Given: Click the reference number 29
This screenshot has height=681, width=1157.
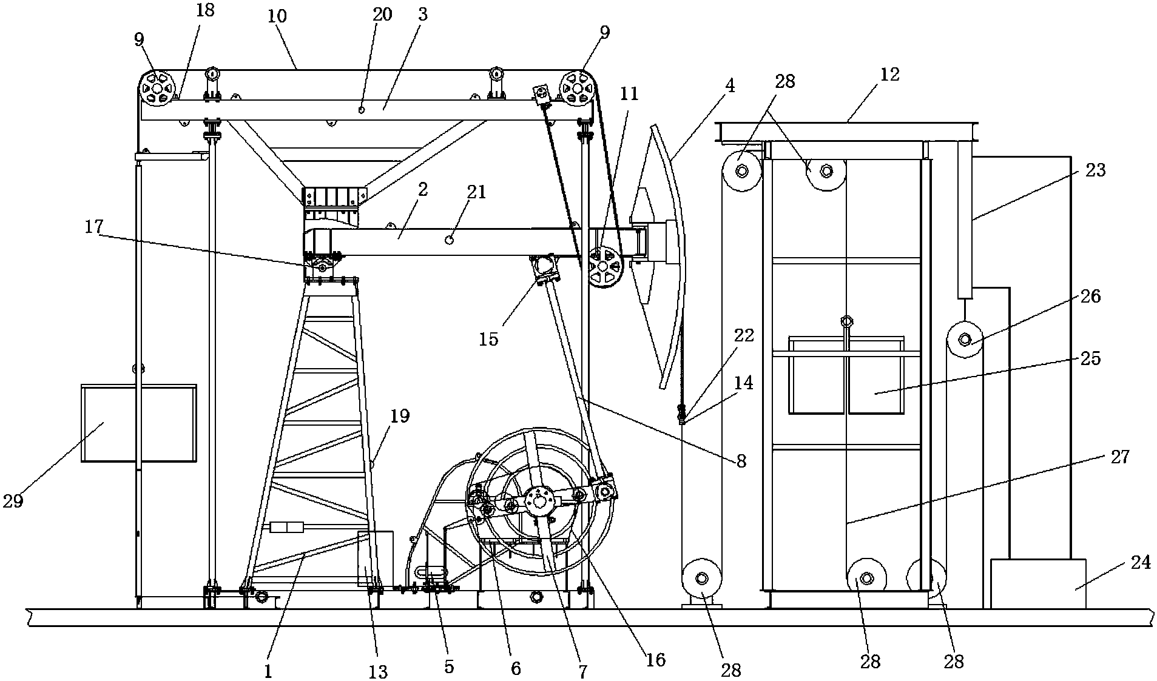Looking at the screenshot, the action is coord(14,502).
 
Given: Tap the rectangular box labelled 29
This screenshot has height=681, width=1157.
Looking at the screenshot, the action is coord(139,423).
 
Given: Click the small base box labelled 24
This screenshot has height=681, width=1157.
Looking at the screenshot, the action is coord(1038,583).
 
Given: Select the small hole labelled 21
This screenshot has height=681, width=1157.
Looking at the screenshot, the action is coord(450,240).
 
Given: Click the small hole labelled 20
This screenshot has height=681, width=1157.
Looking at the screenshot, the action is coord(361,110).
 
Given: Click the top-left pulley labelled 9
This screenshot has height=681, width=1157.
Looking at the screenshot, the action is coord(157,89).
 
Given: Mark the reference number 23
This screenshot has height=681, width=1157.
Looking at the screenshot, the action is coord(1095,170).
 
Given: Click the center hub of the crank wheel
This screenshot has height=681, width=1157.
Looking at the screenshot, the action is coord(538,501).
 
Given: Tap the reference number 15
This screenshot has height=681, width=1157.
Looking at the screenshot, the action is coord(488,338).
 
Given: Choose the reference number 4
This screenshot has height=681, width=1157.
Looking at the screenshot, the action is coord(729,86).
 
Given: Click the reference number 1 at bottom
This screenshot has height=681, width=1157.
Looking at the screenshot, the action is coord(268,671).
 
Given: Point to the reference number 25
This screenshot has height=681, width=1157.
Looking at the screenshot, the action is coord(1090,358).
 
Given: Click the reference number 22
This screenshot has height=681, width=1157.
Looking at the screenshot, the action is coord(744,335).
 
